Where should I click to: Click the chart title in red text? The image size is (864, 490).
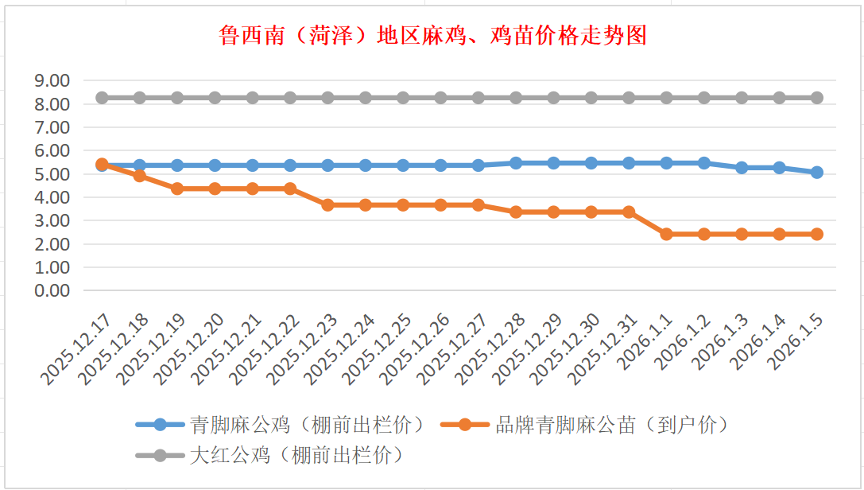click(x=432, y=36)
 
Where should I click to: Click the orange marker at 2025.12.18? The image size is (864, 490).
click(x=139, y=176)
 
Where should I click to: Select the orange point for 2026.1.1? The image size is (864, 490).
click(x=666, y=234)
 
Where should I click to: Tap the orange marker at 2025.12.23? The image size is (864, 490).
click(x=327, y=204)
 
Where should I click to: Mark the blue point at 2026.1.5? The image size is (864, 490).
click(x=816, y=172)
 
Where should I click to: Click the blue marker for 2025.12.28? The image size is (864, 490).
click(x=516, y=163)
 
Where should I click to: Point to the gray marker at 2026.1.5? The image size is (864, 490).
click(x=816, y=98)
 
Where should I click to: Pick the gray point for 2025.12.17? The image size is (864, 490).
click(x=102, y=98)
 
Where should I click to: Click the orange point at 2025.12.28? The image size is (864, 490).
click(x=516, y=212)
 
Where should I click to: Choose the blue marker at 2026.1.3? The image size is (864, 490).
click(x=742, y=168)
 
